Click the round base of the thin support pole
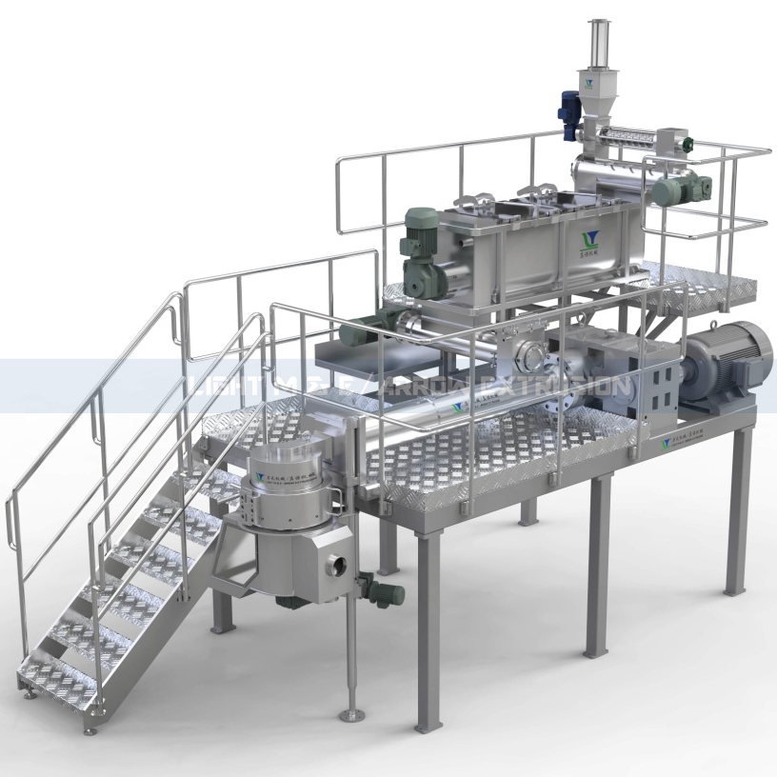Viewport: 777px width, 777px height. [355, 712]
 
